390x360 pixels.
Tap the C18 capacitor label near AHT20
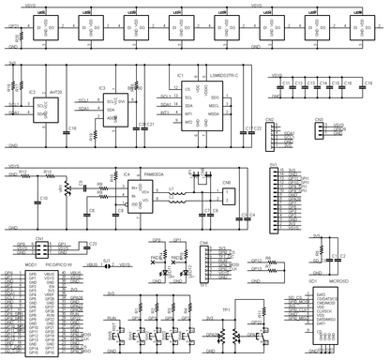[x=73, y=129]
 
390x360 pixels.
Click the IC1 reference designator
[x=179, y=73]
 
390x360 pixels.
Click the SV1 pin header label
[x=272, y=166]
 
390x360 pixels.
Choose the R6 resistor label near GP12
[x=268, y=259]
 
